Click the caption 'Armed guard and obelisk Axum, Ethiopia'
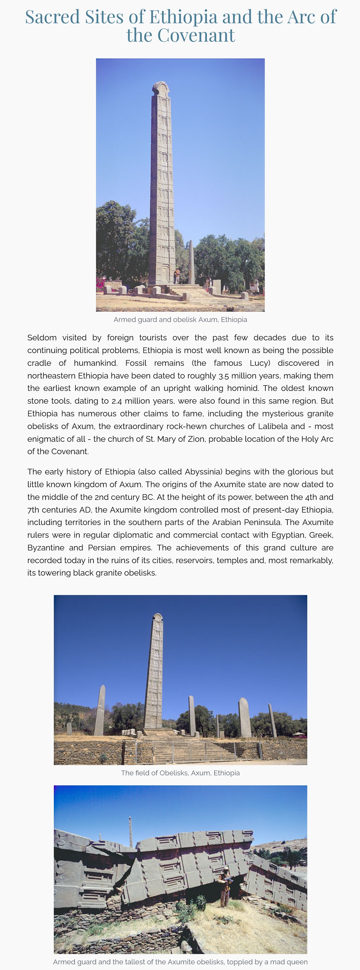180,320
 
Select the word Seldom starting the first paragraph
42,338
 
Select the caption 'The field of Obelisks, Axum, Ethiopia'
180,773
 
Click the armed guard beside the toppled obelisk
225,886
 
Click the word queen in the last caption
298,962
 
